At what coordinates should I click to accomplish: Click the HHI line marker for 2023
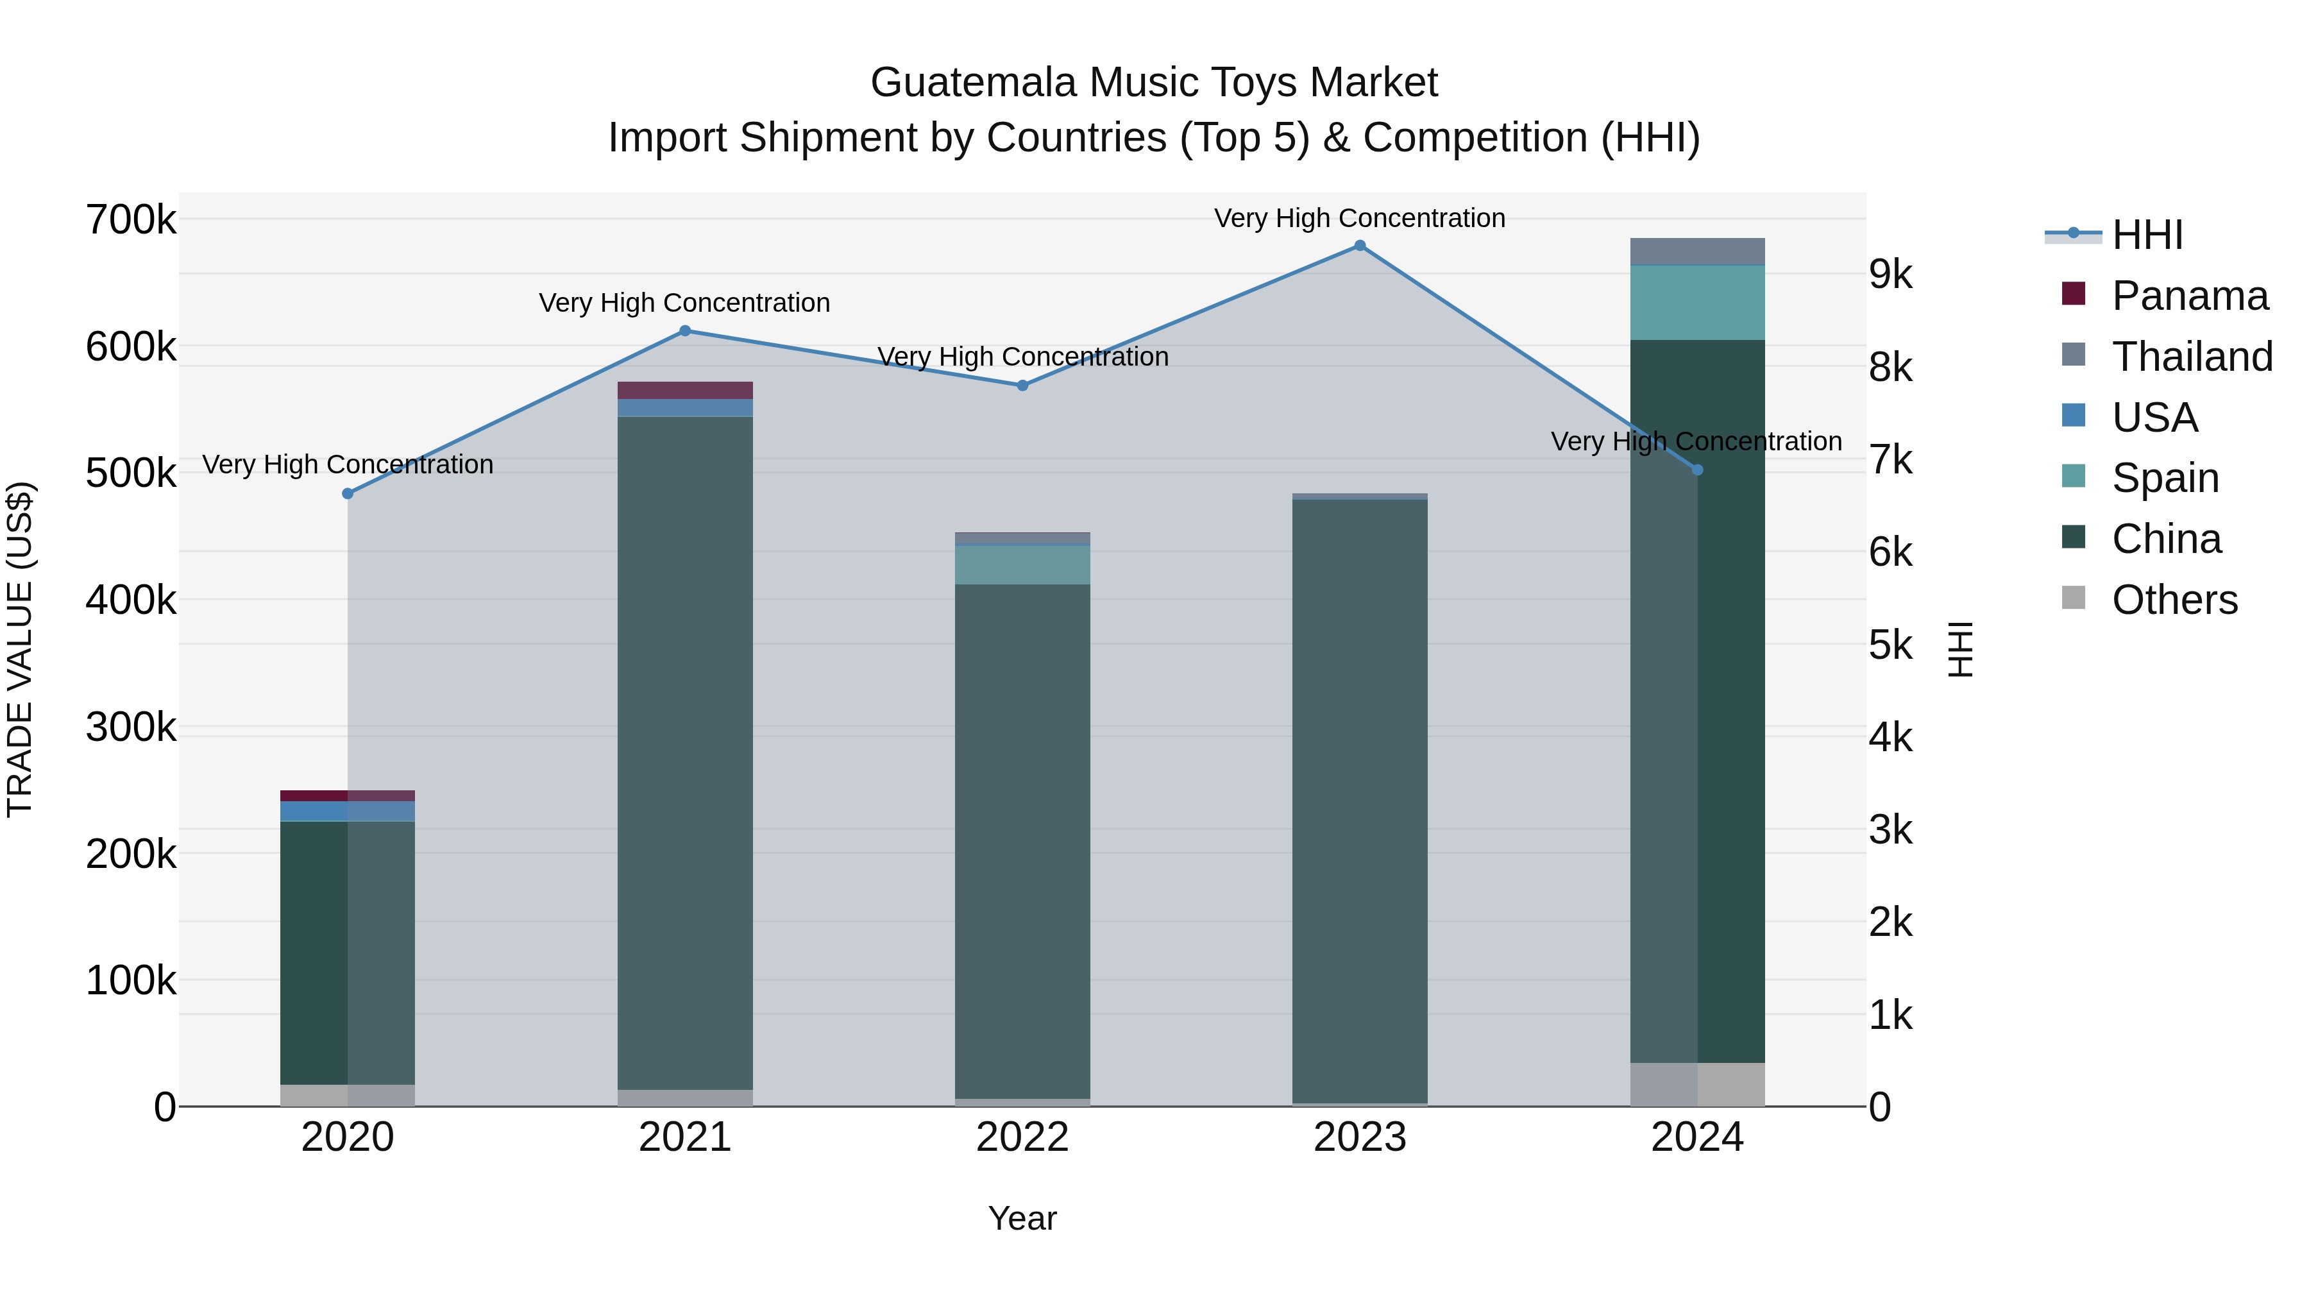[1360, 246]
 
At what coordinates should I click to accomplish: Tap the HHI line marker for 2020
[348, 494]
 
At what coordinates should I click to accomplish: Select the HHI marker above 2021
[685, 331]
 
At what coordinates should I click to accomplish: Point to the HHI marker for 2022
[1023, 386]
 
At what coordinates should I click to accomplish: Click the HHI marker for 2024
[1696, 470]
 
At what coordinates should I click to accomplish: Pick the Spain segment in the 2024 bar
[1696, 303]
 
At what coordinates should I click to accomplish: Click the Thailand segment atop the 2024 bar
[1696, 252]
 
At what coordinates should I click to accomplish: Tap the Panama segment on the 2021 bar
[685, 390]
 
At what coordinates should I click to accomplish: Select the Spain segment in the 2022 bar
[1023, 565]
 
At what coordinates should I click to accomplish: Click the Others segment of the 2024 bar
[1696, 1084]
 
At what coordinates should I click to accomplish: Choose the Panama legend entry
[2189, 296]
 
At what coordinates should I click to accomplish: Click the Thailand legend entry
[2192, 357]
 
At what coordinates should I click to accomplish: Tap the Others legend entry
[2174, 600]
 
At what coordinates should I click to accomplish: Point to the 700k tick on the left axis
[131, 219]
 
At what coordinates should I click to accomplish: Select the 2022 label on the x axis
[1023, 1137]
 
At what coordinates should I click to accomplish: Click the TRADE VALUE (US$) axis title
[21, 650]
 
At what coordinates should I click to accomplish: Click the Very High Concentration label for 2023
[1360, 218]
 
